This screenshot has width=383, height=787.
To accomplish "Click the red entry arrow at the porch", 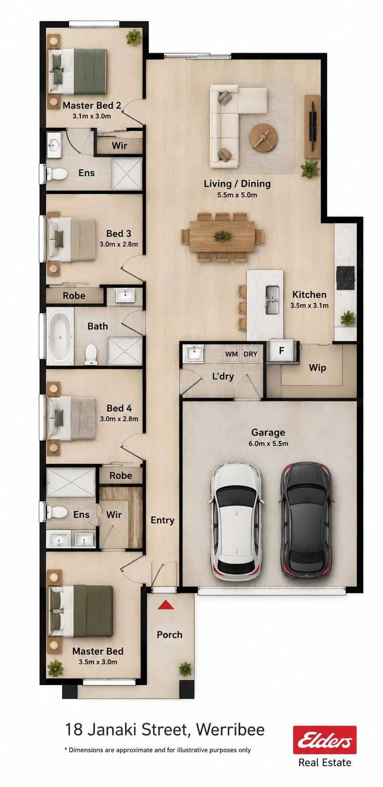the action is coord(166,605).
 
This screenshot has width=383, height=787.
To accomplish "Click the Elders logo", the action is coord(325,740).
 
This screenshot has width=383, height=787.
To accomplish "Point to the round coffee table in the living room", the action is coord(264,137).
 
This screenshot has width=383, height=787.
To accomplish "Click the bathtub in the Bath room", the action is coord(60,337).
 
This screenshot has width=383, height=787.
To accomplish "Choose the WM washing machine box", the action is coord(231,354).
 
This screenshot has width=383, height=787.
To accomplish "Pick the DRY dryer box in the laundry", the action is coord(250,354).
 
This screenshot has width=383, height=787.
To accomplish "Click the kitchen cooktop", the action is coord(345,278).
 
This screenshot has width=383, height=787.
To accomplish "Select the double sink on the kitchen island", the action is coord(272,299).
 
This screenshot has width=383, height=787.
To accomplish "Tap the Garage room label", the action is coord(268,432).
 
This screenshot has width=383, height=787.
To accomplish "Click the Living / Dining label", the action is coord(237,184).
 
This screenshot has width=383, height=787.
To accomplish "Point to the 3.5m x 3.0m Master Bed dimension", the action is coord(98,662).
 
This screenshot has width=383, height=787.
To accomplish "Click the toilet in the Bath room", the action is coord(91,354).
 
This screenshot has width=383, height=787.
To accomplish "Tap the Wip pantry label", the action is coord(317,368).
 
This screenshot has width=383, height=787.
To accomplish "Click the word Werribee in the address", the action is coord(230,730).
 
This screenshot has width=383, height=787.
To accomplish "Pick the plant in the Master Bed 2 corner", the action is coord(134,37).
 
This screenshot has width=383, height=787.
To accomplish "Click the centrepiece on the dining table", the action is coord(222,236).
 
